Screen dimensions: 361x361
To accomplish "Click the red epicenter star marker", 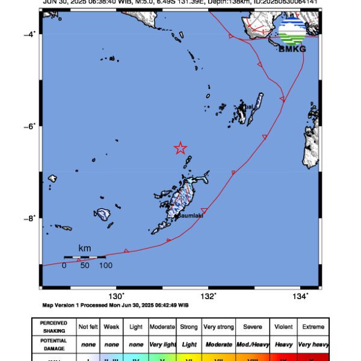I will [x=180, y=148].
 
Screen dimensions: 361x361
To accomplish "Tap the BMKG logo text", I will [x=292, y=49].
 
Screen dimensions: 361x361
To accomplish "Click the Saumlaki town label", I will [x=191, y=216].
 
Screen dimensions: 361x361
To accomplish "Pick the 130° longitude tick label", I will [x=116, y=296].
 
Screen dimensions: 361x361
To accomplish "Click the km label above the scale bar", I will [x=85, y=248].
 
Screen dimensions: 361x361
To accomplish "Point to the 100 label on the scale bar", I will [x=105, y=265].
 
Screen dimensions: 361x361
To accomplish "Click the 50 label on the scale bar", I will [x=85, y=265].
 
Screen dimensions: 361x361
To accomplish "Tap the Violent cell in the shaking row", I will [x=283, y=327].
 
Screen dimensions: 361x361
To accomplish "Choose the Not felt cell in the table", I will [x=88, y=327].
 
